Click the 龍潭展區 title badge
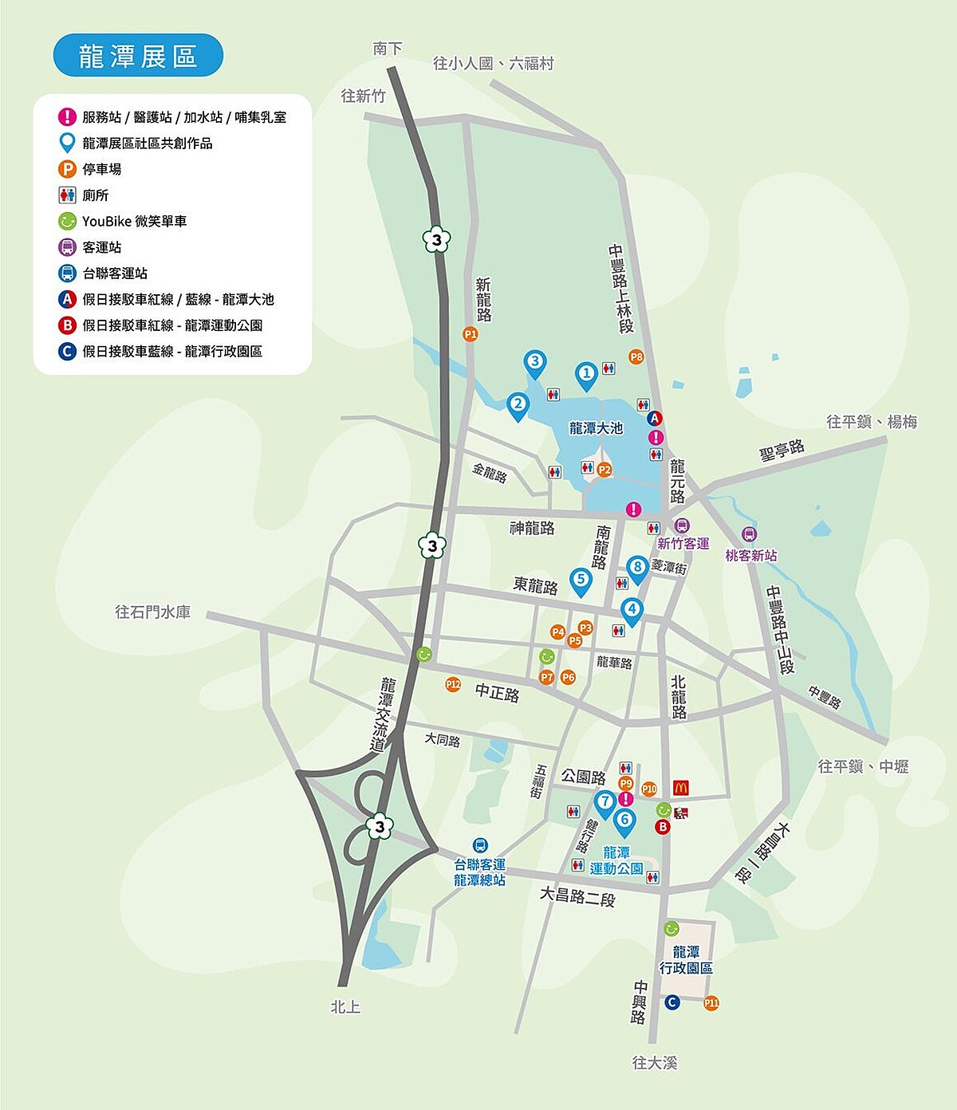pos(138,56)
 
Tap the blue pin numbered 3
pos(534,363)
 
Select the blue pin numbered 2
pos(518,405)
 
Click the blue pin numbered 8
pos(636,568)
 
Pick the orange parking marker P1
pos(471,334)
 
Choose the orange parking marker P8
pos(636,356)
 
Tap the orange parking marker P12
pos(453,683)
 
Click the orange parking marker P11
pos(711,1002)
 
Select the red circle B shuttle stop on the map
pos(662,827)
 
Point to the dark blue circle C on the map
pos(672,1002)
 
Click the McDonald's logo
pos(680,788)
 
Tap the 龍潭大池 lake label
pos(596,428)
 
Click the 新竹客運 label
pos(683,544)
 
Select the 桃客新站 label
pos(750,555)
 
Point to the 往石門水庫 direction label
pos(153,612)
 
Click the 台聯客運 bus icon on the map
pos(479,845)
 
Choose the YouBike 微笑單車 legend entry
pos(134,221)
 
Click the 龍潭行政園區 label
pos(686,959)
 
